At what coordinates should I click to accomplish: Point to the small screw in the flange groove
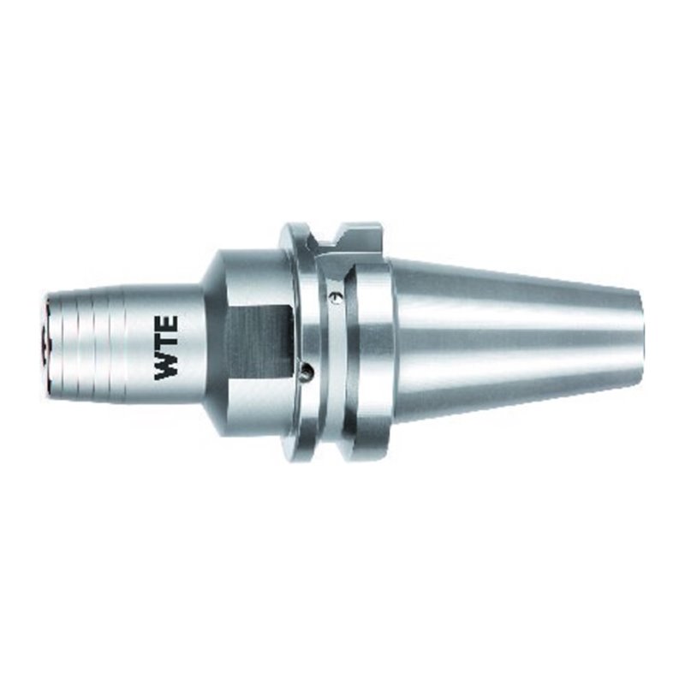pos(335,297)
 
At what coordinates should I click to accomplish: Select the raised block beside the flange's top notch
pos(360,235)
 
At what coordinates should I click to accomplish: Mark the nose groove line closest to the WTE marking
pos(110,342)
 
